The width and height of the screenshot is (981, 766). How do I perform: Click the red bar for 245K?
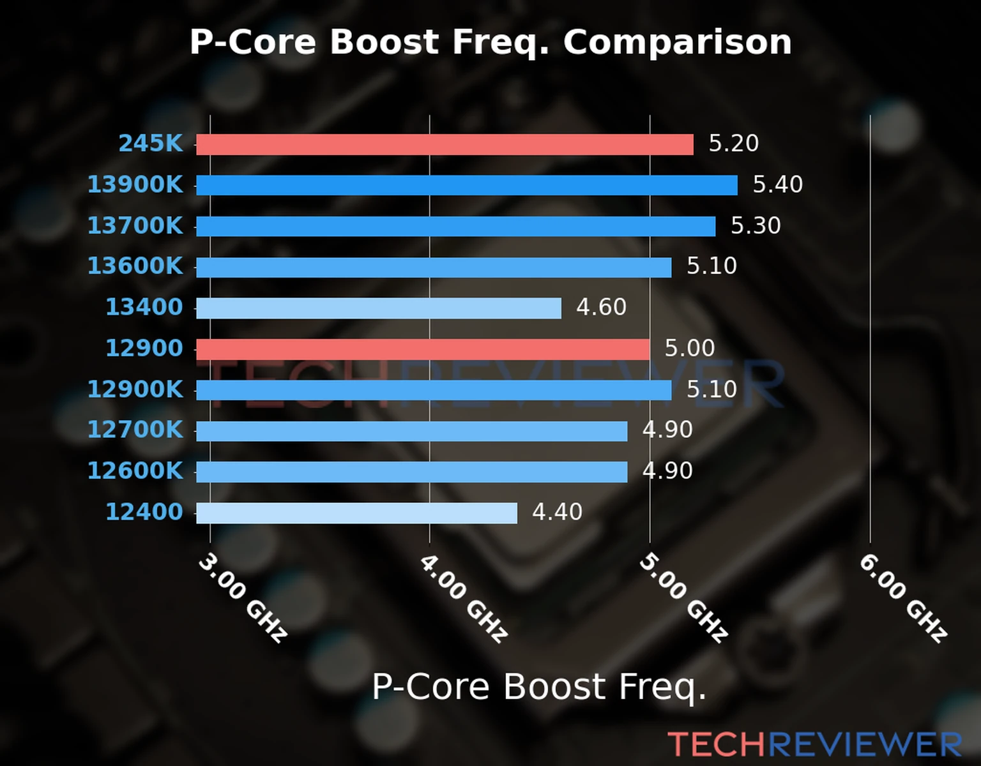tap(445, 144)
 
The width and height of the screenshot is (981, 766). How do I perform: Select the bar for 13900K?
tap(466, 185)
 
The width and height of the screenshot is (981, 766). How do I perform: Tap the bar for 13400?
tap(378, 308)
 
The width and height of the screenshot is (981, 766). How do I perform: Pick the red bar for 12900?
tap(423, 349)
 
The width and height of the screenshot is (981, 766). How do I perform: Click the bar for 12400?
tap(356, 513)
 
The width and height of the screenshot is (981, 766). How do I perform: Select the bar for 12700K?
tap(411, 431)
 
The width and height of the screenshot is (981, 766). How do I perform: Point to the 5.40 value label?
tap(777, 184)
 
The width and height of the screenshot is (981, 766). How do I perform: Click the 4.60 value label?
tap(601, 307)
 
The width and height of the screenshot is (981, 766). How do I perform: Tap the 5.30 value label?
tap(756, 225)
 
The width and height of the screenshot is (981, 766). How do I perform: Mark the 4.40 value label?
tap(557, 512)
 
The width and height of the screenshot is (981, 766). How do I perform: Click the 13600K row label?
tap(135, 266)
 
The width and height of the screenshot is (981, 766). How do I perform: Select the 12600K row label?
tap(135, 471)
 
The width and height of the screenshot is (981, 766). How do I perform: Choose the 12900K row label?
tap(135, 389)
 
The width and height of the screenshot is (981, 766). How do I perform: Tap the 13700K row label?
tap(135, 225)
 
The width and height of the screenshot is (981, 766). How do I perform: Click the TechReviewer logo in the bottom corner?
tap(814, 745)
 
